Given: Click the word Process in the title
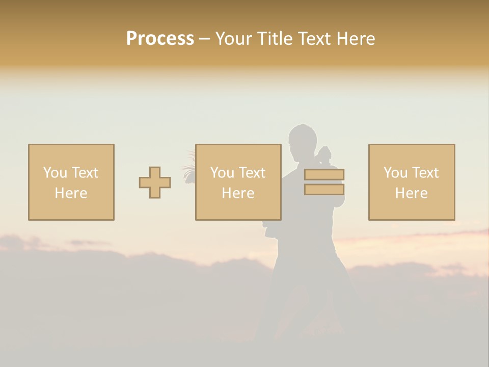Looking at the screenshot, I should coord(160,39).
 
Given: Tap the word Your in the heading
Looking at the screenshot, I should coord(234,39).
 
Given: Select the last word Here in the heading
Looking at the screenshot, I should coord(356,39).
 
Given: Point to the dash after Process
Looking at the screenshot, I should coord(204,39).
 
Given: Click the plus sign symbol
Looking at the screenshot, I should coord(155,182).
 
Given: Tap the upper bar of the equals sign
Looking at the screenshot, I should coord(324,175).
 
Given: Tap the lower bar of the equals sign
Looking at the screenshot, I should coord(324,190).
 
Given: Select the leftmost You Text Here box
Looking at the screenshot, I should coord(71,182).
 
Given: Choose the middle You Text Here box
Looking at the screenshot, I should coord(238,182).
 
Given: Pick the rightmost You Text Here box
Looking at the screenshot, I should coord(412,182).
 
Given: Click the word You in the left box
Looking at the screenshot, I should coord(55,173).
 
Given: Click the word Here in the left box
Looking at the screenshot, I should coord(71,193).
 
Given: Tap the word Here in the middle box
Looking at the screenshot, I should coord(238,193).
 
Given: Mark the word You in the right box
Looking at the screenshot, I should coord(395,173).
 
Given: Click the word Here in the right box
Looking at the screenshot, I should coord(412,193).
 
